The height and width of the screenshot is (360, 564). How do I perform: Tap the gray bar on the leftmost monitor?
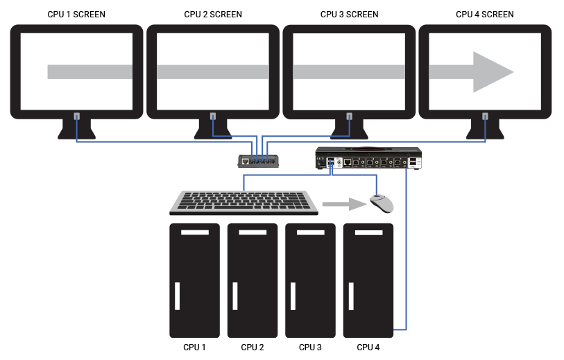(x=90, y=71)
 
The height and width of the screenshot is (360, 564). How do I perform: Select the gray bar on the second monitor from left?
(x=213, y=71)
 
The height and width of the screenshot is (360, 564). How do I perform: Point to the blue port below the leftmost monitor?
(x=76, y=117)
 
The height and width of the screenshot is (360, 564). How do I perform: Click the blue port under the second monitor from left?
(x=212, y=117)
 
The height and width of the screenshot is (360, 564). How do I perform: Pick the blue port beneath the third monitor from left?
(x=349, y=117)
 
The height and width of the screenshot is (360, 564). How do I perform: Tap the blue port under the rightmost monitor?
(x=485, y=117)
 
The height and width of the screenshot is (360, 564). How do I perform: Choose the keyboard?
(x=244, y=201)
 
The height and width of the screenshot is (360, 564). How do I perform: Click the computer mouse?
(x=381, y=203)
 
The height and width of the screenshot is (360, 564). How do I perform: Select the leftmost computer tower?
(x=194, y=280)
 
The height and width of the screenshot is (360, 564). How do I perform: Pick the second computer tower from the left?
(x=253, y=280)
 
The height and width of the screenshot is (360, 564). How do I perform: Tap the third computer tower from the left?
(x=310, y=280)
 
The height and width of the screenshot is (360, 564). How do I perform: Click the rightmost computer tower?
(x=368, y=280)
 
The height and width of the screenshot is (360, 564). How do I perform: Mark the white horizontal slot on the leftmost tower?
(x=194, y=232)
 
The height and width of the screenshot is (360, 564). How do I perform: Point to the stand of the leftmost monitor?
(x=76, y=130)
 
